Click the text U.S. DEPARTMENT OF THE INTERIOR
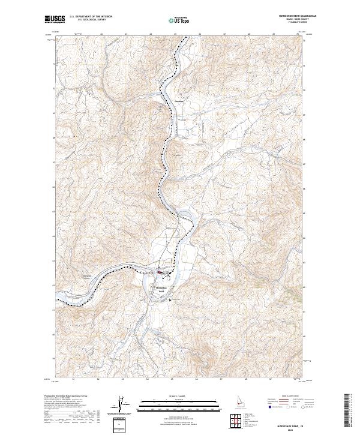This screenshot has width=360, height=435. pos(90,17)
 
